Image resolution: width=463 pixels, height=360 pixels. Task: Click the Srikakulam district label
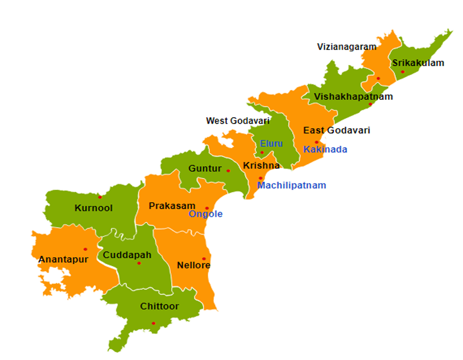point(418,63)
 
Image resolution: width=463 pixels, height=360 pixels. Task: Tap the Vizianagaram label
point(347,47)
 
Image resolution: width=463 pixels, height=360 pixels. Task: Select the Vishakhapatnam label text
point(353,97)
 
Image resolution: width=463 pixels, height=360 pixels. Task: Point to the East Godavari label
point(336,130)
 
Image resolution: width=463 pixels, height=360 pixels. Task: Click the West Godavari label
point(238,121)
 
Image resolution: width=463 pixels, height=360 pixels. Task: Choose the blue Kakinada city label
point(325,150)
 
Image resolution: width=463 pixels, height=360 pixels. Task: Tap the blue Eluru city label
point(271,143)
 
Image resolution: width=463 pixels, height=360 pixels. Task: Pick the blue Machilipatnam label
point(291,185)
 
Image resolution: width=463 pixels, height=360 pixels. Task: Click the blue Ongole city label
point(205,214)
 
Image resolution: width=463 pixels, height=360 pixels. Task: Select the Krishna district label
point(261,166)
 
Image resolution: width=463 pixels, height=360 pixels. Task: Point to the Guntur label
point(205,169)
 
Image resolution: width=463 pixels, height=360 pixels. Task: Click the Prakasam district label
point(172,206)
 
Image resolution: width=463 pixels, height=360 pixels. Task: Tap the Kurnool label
point(93,208)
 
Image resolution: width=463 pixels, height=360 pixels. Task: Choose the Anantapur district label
point(63,260)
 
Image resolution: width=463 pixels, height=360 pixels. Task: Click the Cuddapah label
point(127,255)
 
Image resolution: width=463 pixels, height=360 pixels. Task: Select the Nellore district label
point(193,265)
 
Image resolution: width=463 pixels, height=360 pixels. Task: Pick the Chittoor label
point(159,307)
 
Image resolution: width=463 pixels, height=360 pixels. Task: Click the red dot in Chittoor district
point(153,323)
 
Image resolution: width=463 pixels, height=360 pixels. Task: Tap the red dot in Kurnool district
point(100,197)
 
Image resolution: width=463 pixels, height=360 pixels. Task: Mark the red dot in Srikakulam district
point(403,72)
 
